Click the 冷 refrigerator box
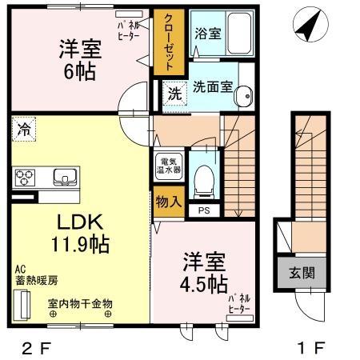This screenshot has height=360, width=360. (24, 129)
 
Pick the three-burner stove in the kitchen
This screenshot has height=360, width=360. (24, 176)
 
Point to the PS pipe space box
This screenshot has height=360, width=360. (203, 210)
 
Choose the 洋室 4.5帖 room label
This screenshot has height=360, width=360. (204, 272)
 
